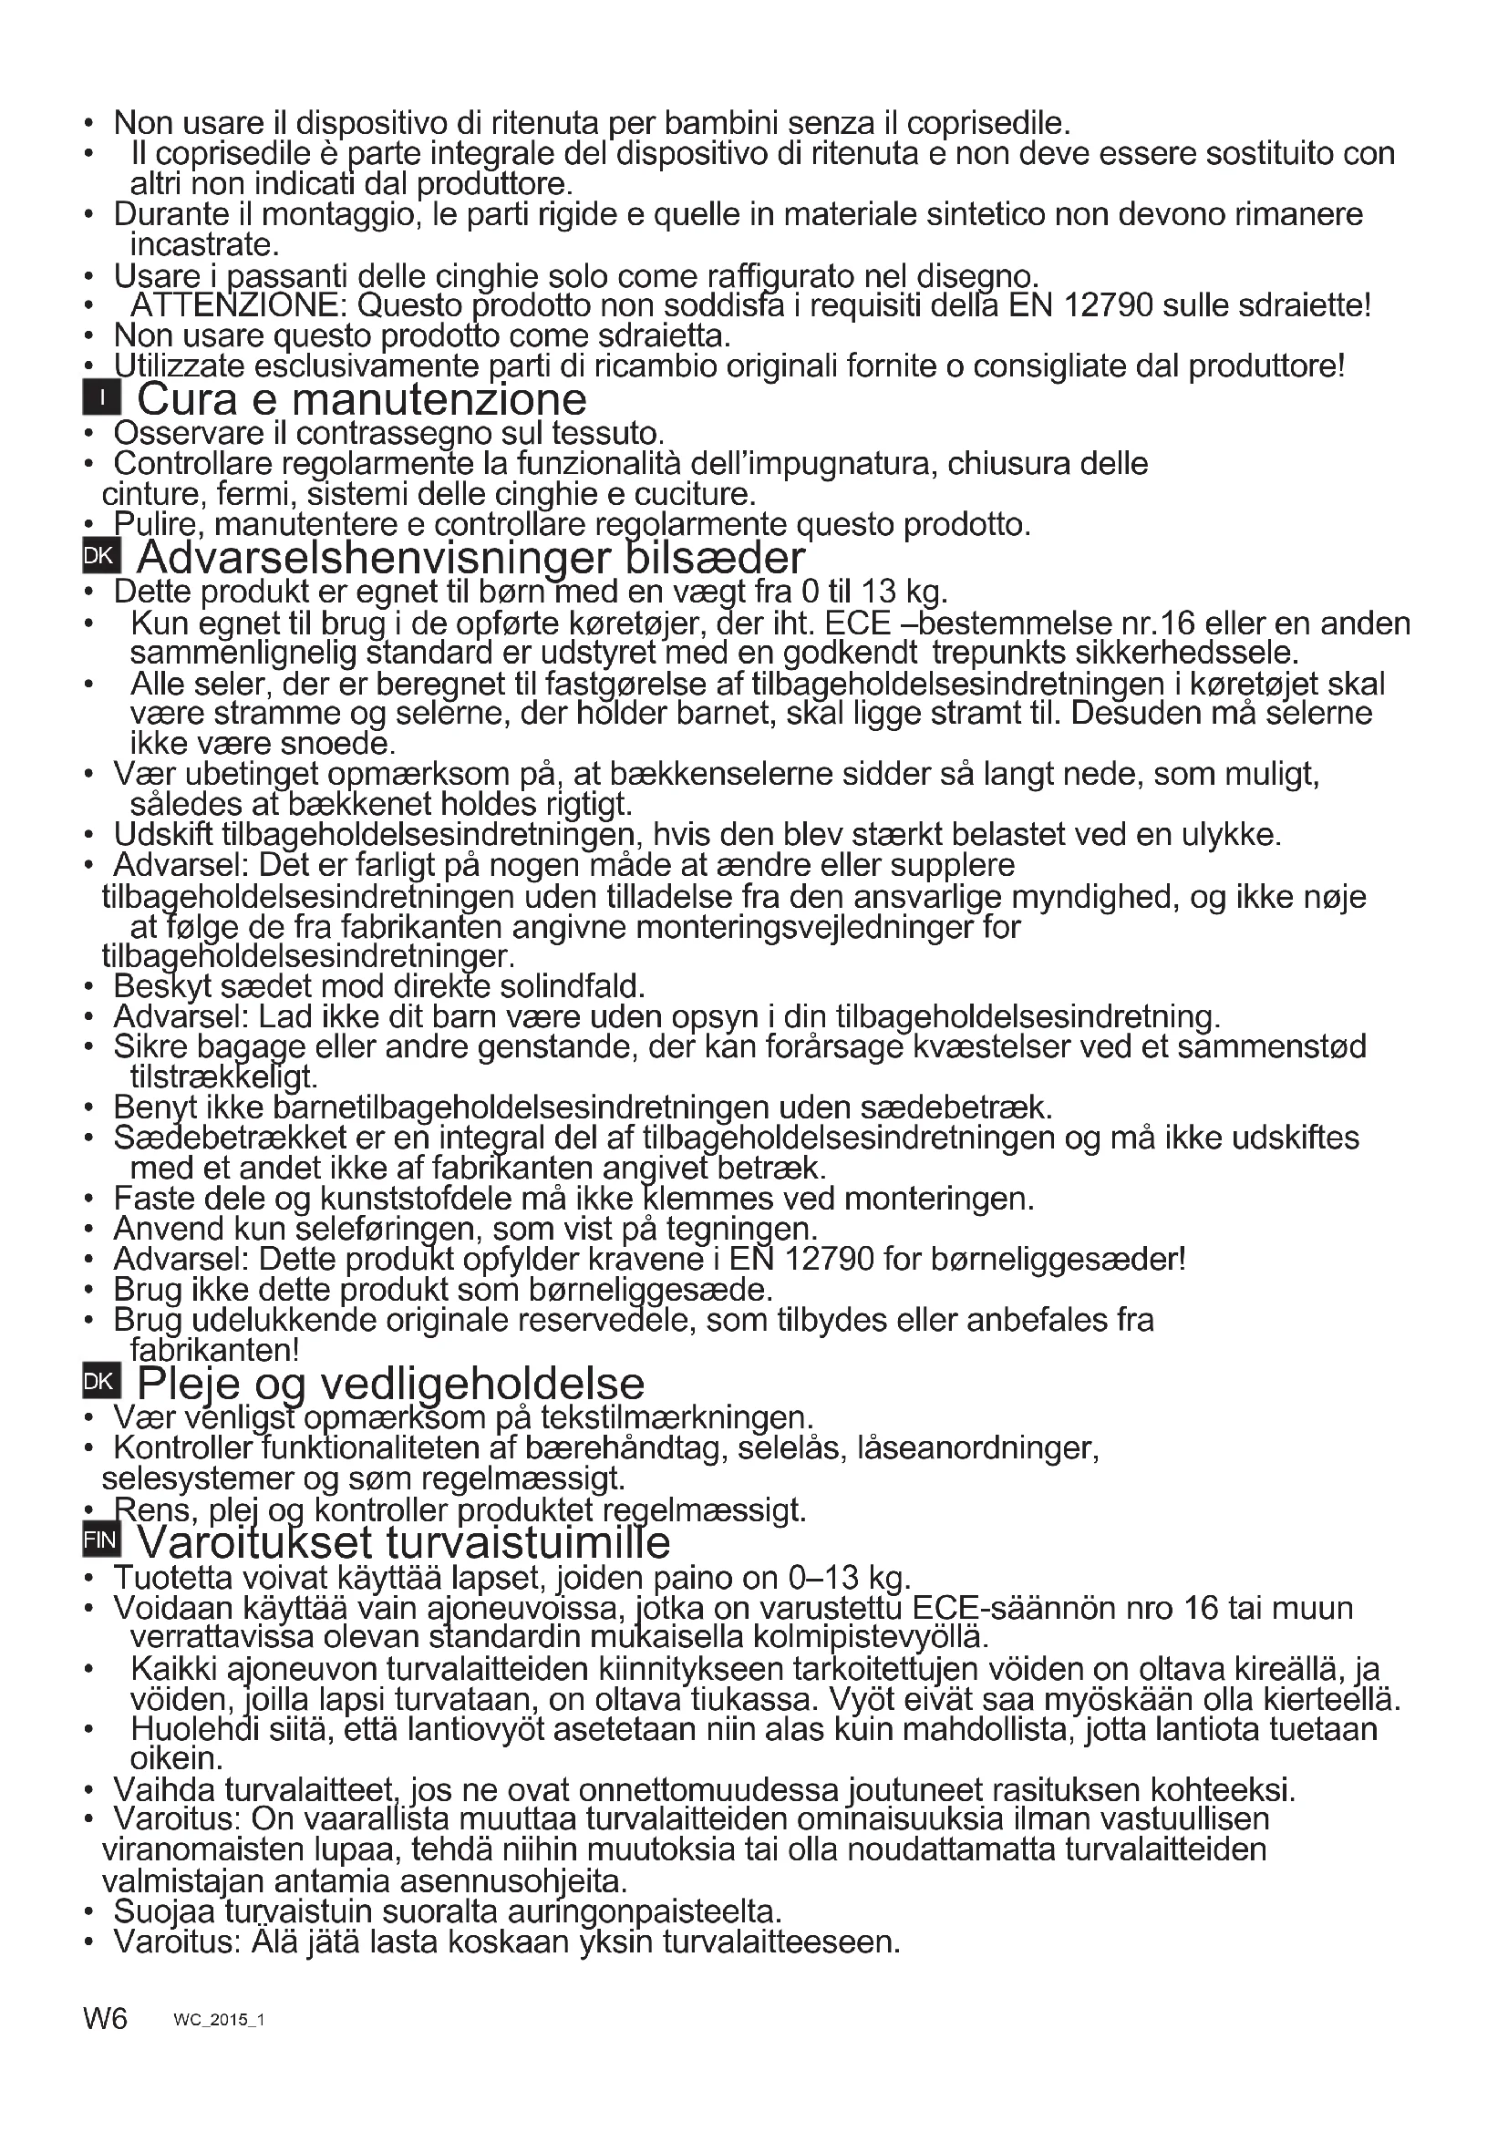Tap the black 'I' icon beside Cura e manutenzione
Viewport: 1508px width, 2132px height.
(100, 400)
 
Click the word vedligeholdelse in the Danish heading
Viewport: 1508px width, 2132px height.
(482, 1384)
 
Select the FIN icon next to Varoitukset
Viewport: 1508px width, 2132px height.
(100, 1540)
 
